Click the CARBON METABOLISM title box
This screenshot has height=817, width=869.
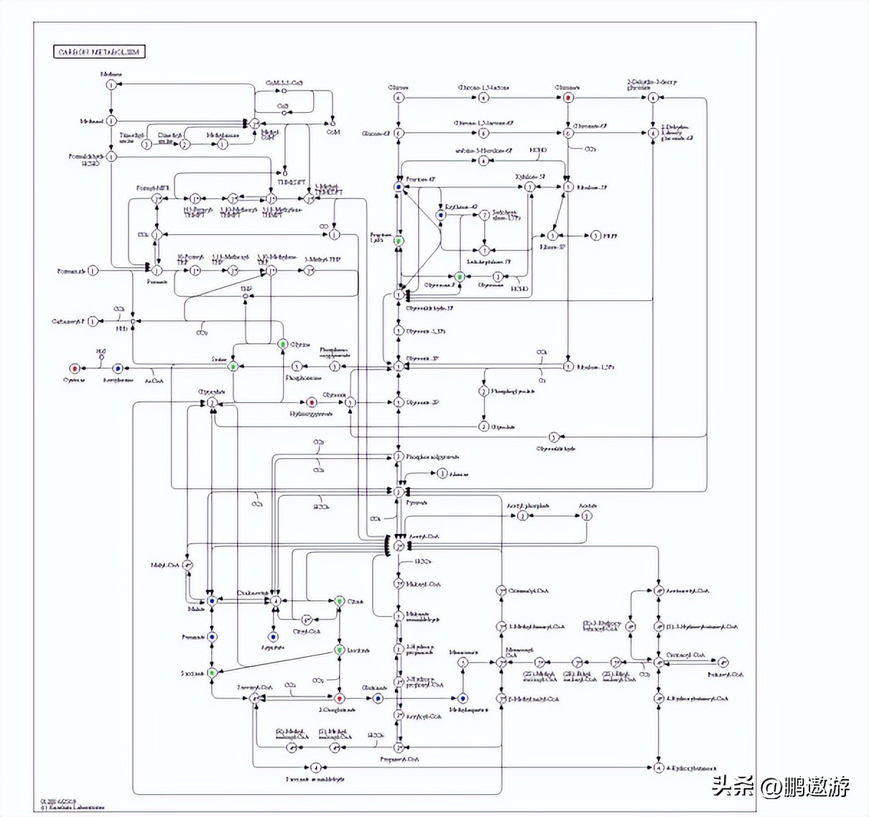point(99,52)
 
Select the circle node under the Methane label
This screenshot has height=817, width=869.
point(111,85)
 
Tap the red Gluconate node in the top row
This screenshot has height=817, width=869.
point(568,97)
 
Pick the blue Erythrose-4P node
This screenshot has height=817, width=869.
point(441,215)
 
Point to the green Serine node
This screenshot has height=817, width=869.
point(233,366)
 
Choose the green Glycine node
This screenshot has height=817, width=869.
point(283,345)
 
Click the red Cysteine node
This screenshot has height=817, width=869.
point(73,368)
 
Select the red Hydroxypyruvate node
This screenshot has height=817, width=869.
point(312,403)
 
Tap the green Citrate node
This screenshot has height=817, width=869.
point(340,600)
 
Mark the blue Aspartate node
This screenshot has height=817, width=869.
point(273,637)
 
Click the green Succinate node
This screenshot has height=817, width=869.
point(212,673)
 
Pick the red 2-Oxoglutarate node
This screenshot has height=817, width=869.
point(340,698)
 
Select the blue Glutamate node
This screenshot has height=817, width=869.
point(378,698)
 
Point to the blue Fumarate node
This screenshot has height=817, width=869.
point(212,637)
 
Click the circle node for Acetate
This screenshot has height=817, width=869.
point(587,515)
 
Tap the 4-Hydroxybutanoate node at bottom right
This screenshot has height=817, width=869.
point(659,767)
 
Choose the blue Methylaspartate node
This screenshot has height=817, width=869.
point(463,698)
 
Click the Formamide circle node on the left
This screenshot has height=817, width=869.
point(93,271)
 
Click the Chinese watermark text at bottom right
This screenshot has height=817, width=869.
point(781,786)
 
